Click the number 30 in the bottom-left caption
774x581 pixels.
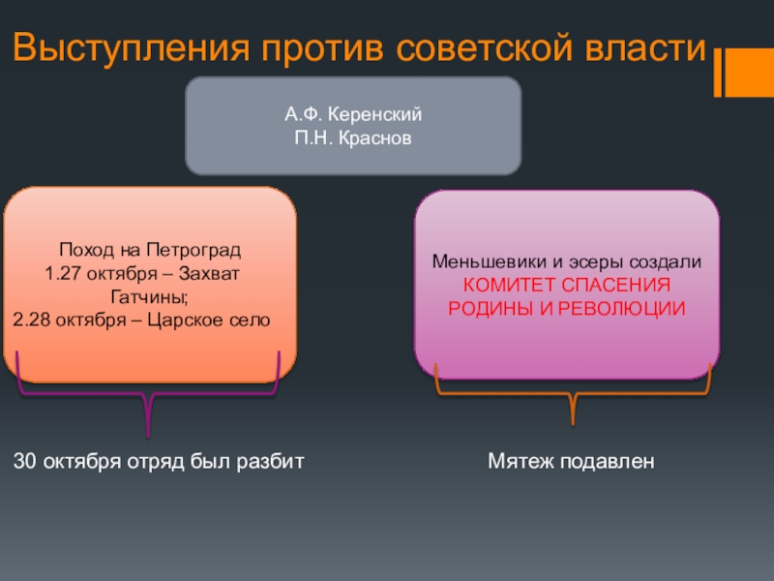point(24,462)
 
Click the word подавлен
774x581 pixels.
point(609,462)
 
